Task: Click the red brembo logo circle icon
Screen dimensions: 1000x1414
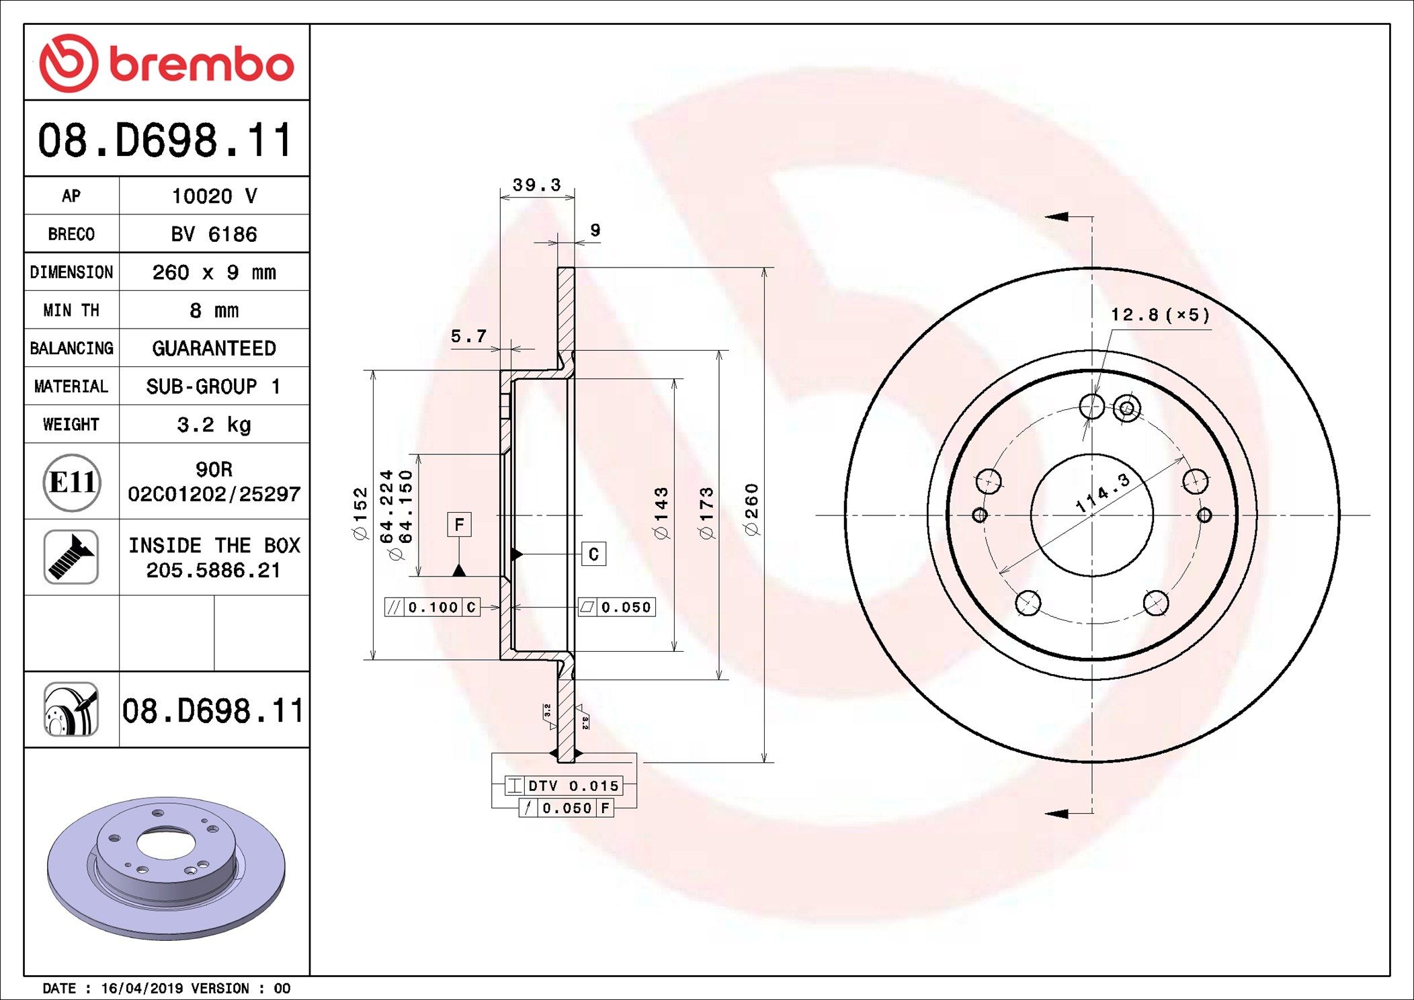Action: [69, 63]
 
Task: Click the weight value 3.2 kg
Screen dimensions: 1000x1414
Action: [214, 424]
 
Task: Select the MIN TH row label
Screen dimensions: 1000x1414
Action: [71, 310]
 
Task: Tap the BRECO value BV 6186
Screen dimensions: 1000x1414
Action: [214, 234]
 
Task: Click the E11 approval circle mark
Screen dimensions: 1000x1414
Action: [72, 482]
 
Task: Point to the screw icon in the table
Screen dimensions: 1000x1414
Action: [71, 556]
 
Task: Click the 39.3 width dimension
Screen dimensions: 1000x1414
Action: [536, 185]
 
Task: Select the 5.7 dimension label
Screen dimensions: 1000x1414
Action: [468, 336]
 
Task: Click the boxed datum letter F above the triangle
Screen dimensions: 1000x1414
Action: [459, 524]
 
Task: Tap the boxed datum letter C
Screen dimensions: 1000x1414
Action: [593, 554]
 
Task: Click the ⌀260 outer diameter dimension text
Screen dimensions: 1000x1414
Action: [751, 509]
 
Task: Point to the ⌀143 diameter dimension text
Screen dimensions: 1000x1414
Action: [661, 513]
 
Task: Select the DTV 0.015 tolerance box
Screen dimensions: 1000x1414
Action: [564, 785]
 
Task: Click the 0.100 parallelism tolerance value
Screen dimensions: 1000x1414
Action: [433, 608]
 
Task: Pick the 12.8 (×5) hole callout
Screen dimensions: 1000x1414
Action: [1160, 315]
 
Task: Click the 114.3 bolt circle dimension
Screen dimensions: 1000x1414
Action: [1102, 493]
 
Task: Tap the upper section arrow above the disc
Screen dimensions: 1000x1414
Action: [1058, 216]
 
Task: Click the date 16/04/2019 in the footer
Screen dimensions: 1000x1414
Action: [142, 988]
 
